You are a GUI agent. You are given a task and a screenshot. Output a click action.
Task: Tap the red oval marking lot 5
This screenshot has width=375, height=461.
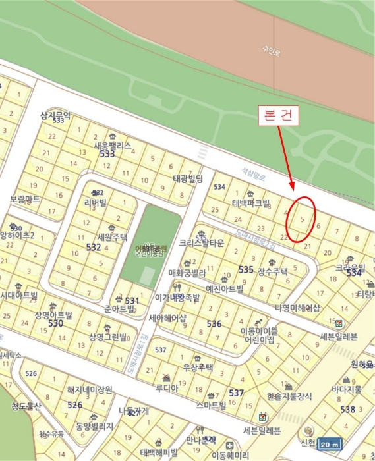(302, 218)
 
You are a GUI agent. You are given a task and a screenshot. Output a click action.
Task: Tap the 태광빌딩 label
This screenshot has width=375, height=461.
(188, 178)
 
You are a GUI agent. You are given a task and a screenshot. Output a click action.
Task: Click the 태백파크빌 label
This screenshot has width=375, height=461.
(251, 203)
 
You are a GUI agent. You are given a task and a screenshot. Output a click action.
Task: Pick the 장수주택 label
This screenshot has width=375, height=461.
(272, 271)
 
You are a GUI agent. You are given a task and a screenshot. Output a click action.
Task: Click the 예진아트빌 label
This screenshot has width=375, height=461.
(224, 288)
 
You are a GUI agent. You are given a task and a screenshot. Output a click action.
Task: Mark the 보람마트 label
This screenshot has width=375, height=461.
(24, 198)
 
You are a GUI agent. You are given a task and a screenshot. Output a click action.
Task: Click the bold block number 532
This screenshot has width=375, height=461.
(94, 248)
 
